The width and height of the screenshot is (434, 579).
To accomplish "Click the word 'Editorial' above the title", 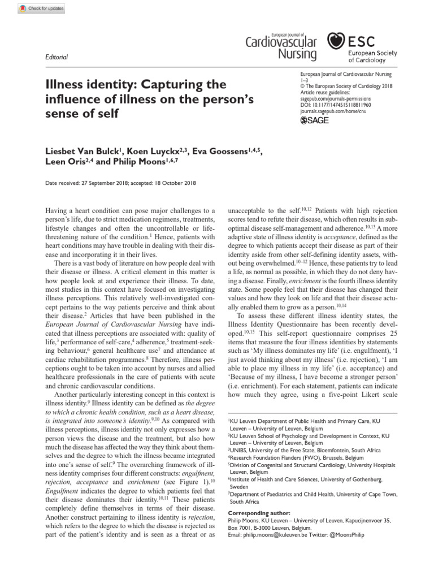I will pos(56,57).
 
